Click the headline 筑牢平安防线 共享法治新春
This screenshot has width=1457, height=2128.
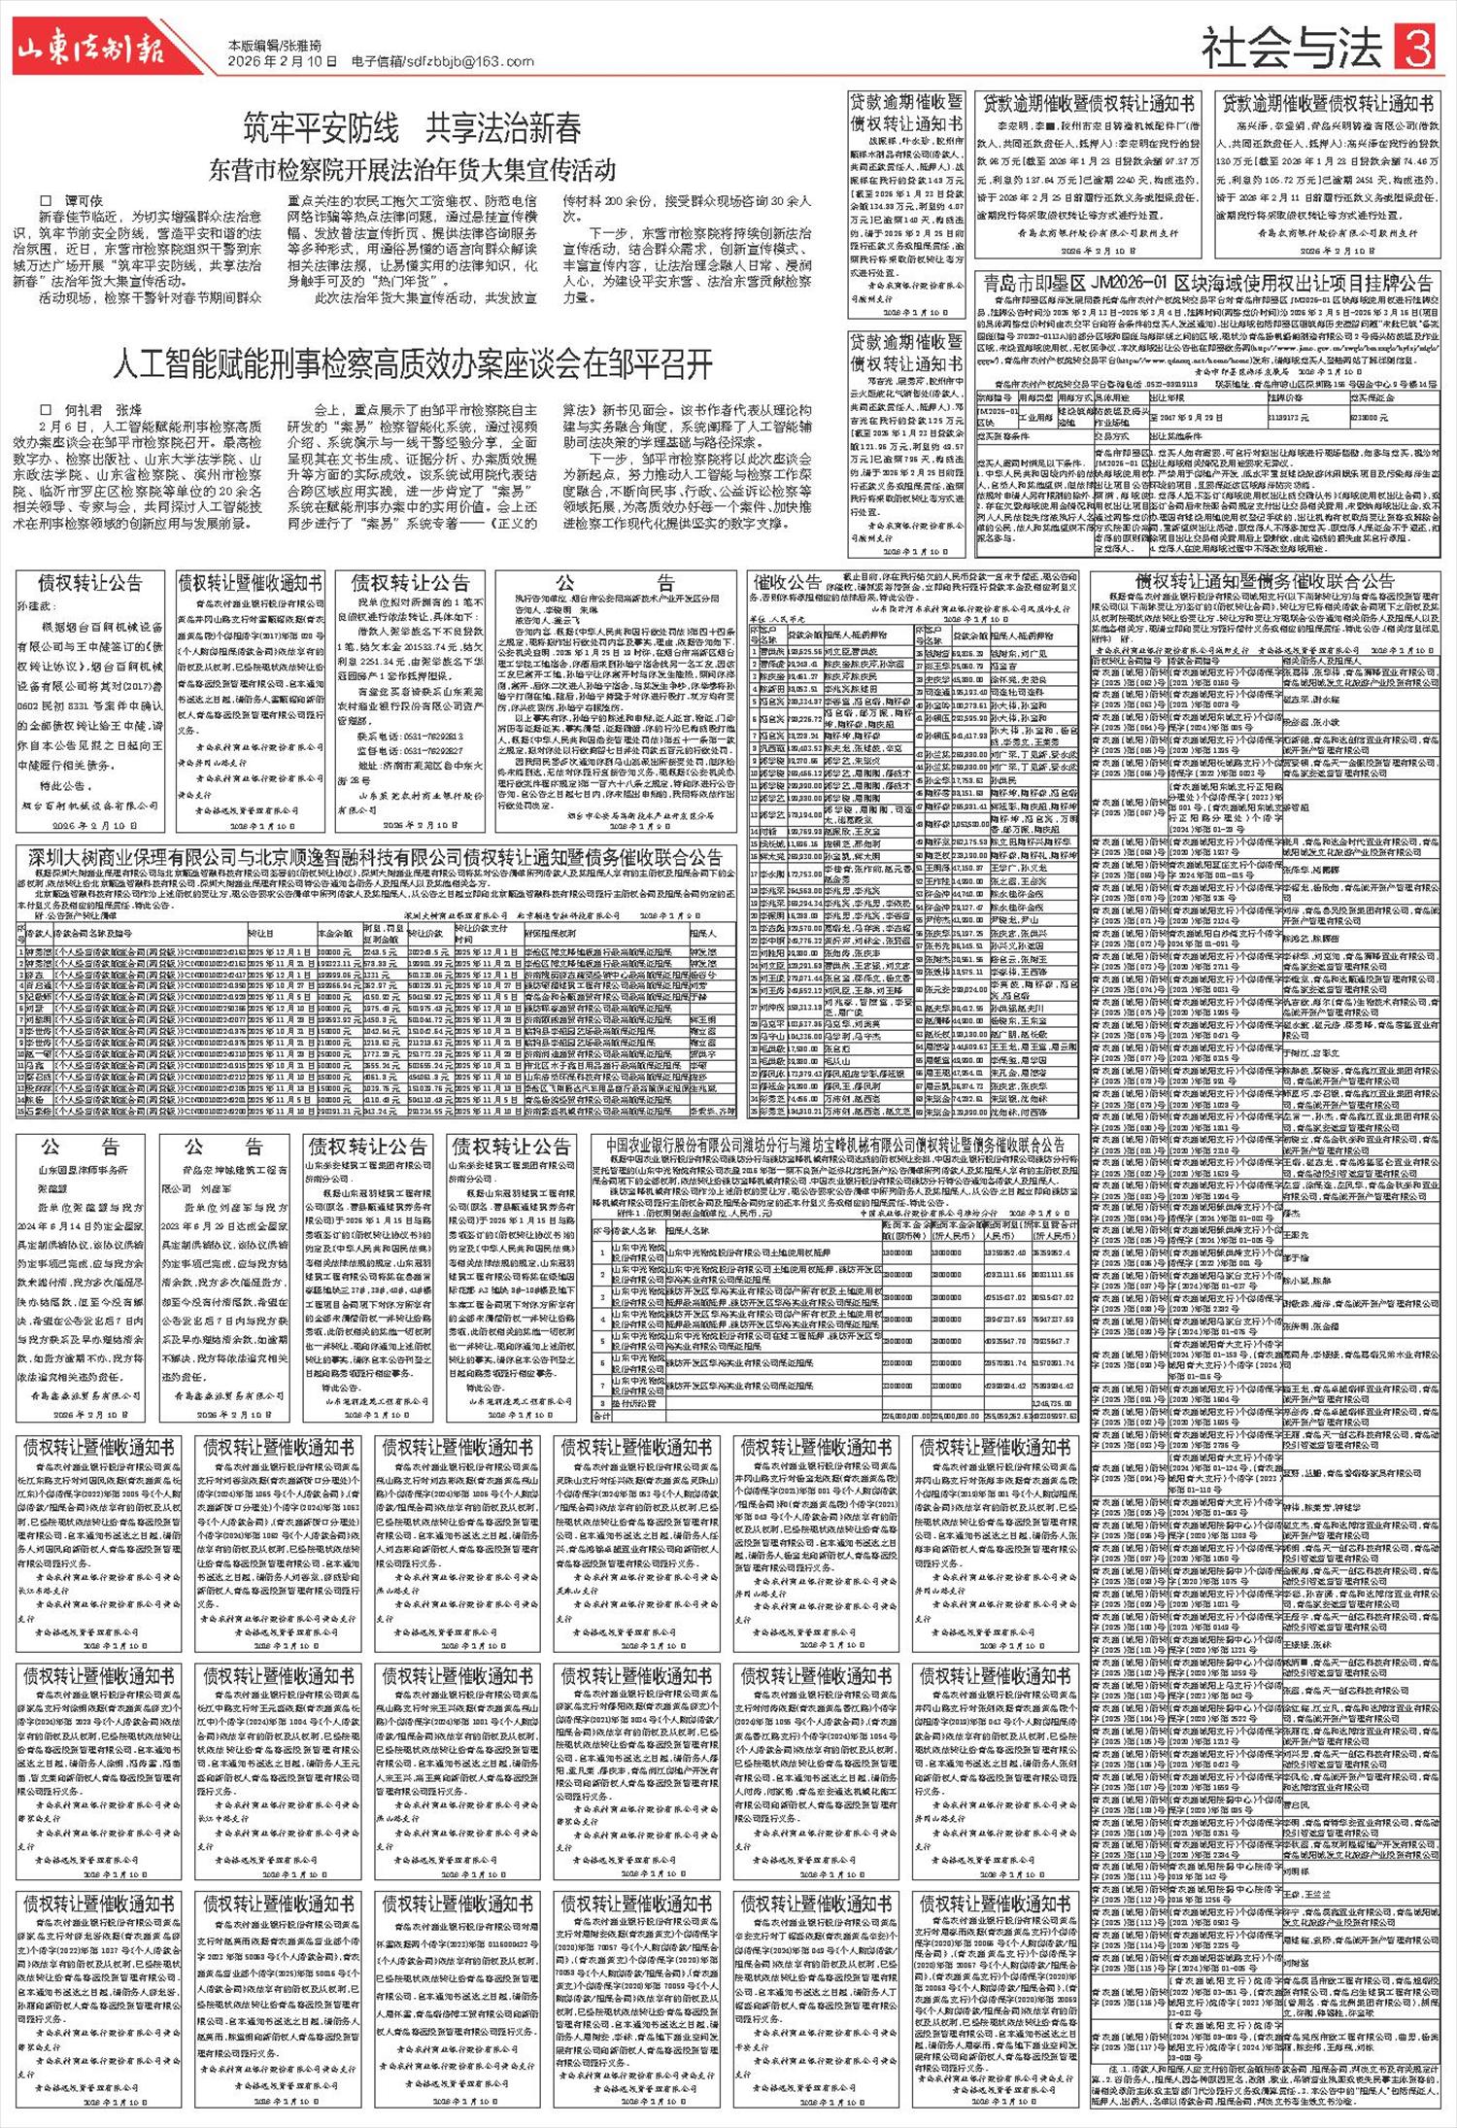(413, 128)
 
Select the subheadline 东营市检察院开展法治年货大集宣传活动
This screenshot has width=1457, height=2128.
(413, 171)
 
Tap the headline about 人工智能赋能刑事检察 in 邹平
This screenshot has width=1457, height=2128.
(413, 365)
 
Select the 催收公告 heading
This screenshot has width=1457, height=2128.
(788, 583)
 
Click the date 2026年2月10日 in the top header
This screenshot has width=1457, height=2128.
(283, 61)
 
